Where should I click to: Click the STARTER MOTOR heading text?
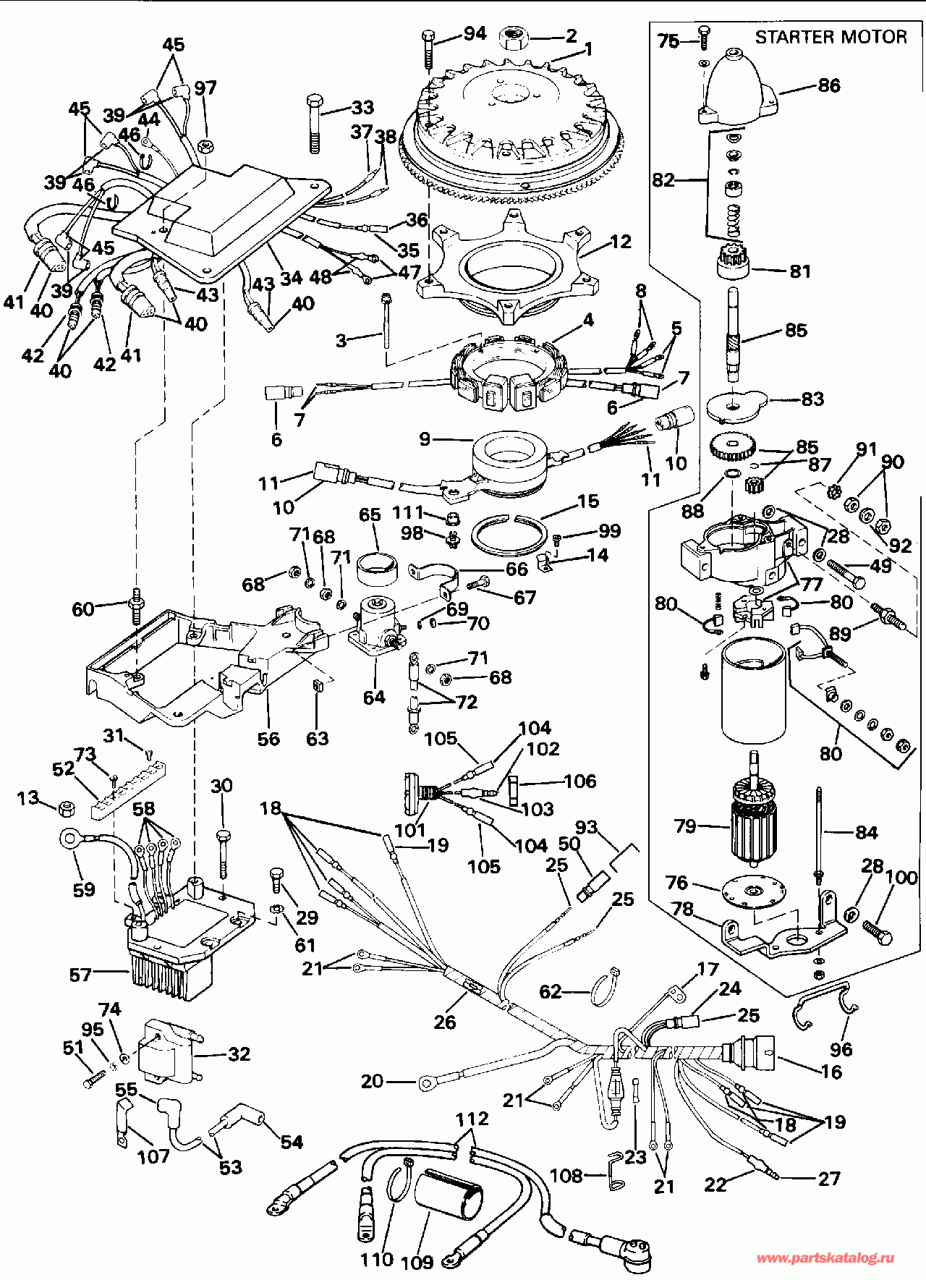point(831,37)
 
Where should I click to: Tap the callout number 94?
point(475,33)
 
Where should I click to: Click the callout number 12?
point(621,242)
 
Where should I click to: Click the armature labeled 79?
point(755,825)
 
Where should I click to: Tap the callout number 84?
point(866,833)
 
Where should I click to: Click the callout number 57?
point(80,975)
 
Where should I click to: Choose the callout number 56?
point(268,739)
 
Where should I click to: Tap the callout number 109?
point(417,1262)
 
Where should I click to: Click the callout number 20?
point(372,1081)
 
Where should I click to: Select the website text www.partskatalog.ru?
point(825,1258)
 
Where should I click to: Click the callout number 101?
point(409,829)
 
